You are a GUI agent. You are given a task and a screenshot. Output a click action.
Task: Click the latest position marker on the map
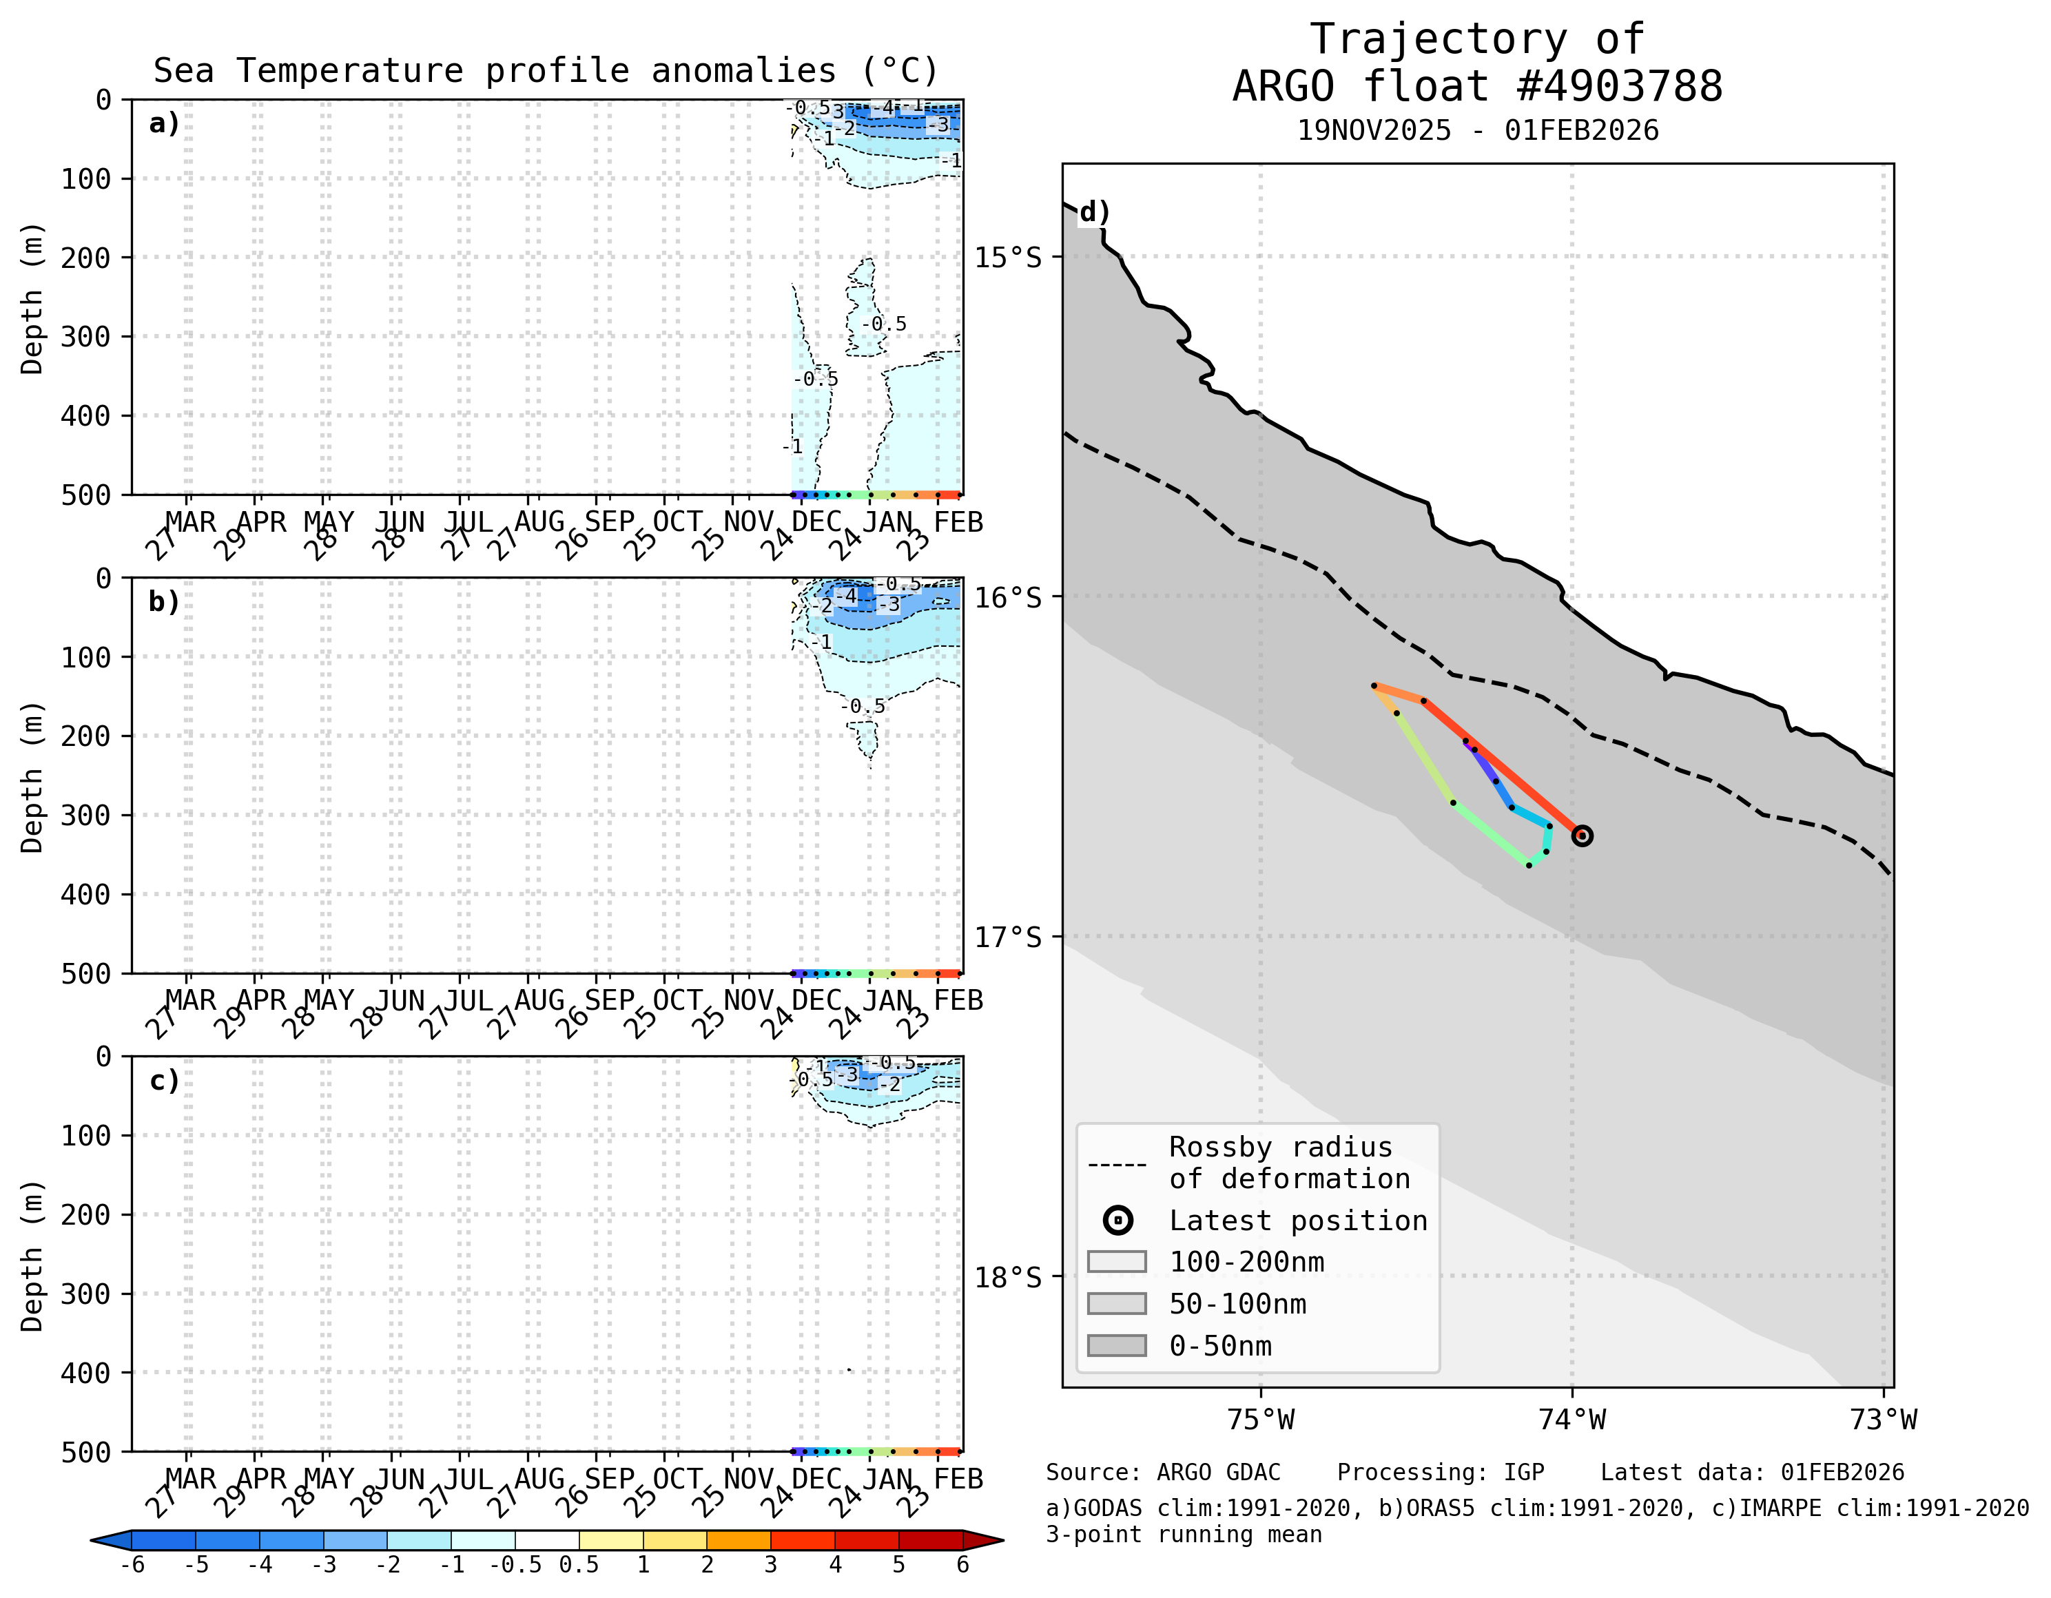[1581, 836]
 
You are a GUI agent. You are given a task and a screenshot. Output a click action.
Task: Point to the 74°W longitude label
[1572, 1420]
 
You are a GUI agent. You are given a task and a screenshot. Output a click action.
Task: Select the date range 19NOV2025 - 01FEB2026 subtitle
[1477, 130]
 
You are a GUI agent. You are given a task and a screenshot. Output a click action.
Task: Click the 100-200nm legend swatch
[1117, 1262]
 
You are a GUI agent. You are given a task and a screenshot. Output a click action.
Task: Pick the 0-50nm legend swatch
[1117, 1345]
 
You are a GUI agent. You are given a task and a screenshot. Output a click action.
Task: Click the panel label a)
[163, 123]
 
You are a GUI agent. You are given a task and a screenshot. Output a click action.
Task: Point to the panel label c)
[163, 1081]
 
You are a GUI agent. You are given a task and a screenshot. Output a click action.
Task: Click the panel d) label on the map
[1094, 211]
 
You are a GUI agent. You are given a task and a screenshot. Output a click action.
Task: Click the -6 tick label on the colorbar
[132, 1565]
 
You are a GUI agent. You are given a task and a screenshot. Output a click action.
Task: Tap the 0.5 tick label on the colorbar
[579, 1565]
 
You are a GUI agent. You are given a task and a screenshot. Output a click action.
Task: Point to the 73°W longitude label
[1884, 1420]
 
